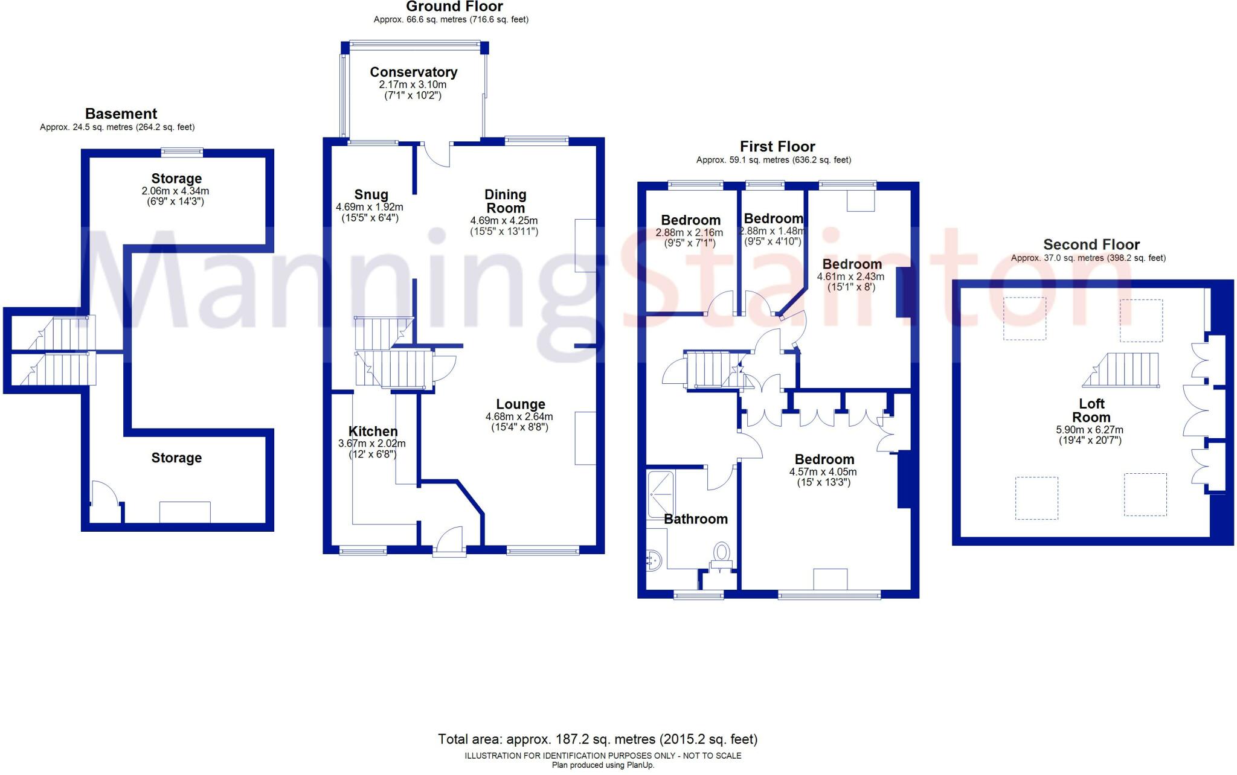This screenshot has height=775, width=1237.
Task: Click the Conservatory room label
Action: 413,72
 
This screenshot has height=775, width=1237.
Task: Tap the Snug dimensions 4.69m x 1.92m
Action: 369,207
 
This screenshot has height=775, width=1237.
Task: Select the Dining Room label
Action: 505,201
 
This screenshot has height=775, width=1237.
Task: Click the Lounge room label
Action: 520,404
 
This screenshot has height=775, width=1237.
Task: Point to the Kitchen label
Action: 373,431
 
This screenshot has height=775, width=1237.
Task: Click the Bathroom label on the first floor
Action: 695,519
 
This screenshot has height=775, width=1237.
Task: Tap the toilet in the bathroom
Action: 721,553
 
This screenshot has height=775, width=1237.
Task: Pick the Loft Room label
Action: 1091,410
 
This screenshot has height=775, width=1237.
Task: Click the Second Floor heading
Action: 1091,244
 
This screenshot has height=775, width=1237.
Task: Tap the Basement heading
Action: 121,113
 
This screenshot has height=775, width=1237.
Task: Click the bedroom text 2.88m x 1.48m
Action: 773,231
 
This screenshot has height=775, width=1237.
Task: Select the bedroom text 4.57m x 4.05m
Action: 823,472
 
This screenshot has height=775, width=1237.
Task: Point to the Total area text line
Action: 597,739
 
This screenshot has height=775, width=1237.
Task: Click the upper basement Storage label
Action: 176,179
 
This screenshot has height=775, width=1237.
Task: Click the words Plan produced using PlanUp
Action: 602,765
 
